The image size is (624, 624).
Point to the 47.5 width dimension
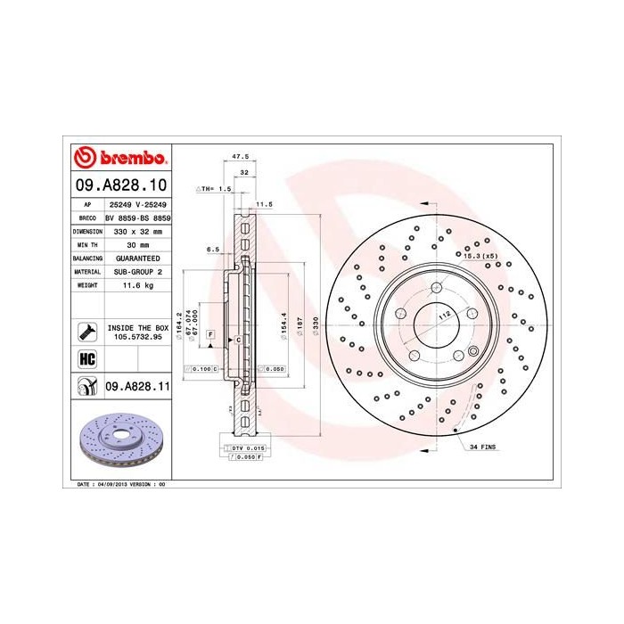tap(239, 156)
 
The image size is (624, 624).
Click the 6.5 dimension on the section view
tap(212, 250)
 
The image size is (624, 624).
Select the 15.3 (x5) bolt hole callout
tap(478, 256)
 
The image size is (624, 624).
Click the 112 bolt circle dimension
tap(443, 315)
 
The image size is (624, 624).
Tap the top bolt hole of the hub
tap(434, 288)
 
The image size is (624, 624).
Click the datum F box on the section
tap(210, 333)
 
